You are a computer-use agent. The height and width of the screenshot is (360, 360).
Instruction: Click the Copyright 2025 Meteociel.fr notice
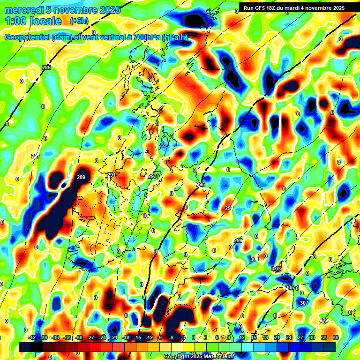[199, 357]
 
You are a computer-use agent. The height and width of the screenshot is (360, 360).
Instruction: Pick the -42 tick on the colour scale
[32, 337]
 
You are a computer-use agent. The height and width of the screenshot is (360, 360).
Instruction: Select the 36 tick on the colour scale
[336, 337]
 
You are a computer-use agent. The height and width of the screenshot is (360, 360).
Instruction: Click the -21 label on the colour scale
[114, 337]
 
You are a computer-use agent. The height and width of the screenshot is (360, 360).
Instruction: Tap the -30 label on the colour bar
[79, 337]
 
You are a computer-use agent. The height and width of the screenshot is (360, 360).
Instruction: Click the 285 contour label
[46, 68]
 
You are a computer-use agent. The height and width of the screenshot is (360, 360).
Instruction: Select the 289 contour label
[81, 177]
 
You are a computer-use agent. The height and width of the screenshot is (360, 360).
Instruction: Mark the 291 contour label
[112, 175]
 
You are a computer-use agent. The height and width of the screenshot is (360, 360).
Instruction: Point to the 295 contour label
[201, 184]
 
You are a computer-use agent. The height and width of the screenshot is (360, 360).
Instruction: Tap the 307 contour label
[304, 303]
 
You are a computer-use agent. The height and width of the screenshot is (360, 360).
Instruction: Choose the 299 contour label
[238, 240]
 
